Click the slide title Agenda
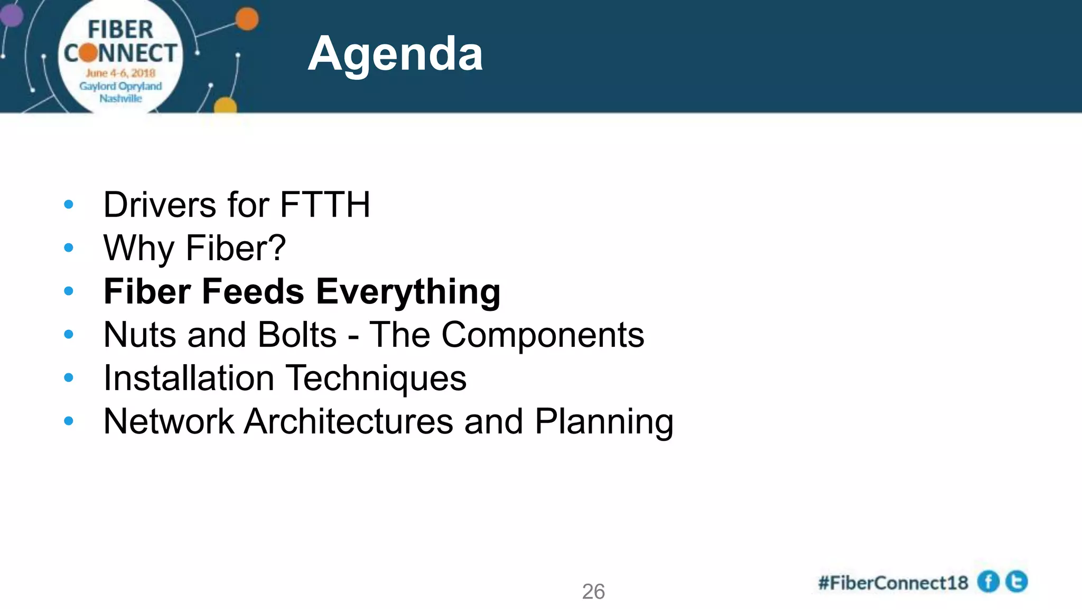tap(395, 54)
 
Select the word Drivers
tap(160, 205)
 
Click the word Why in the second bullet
tap(138, 248)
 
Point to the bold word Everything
tap(408, 292)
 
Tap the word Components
tap(543, 335)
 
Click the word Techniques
tap(376, 379)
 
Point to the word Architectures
tap(349, 422)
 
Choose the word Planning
tap(604, 422)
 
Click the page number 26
tap(593, 592)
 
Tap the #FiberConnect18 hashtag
tap(893, 583)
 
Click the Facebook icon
tap(988, 582)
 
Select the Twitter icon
tap(1016, 582)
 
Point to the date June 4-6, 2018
tap(120, 73)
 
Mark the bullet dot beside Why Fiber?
tap(69, 248)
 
